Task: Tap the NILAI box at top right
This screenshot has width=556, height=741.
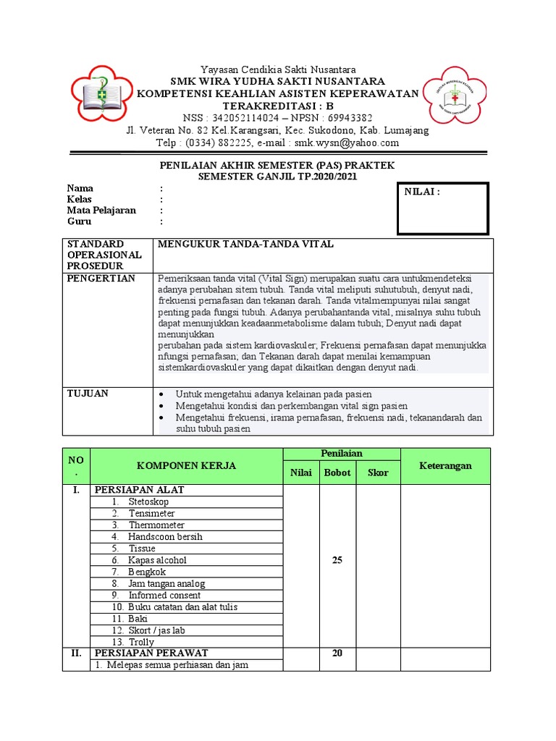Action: pos(441,208)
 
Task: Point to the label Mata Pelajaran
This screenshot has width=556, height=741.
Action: pos(101,211)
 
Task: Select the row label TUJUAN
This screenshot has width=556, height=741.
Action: pos(88,394)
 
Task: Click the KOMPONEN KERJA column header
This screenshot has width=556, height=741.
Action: pos(186,466)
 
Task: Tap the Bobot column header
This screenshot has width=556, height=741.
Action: pos(337,473)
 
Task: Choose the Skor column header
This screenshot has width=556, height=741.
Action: pos(378,473)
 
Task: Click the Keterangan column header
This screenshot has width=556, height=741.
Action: pos(445,466)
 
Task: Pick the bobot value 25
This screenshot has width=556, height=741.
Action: pos(337,560)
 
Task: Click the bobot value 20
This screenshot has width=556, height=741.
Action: pos(337,653)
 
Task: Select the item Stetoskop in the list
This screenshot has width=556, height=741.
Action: pos(148,501)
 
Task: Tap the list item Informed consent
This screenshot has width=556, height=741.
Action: pos(164,596)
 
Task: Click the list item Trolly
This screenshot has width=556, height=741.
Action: pos(141,643)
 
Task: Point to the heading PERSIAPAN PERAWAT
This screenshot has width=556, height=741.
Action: pos(151,653)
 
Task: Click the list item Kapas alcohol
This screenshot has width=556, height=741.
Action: pos(157,560)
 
